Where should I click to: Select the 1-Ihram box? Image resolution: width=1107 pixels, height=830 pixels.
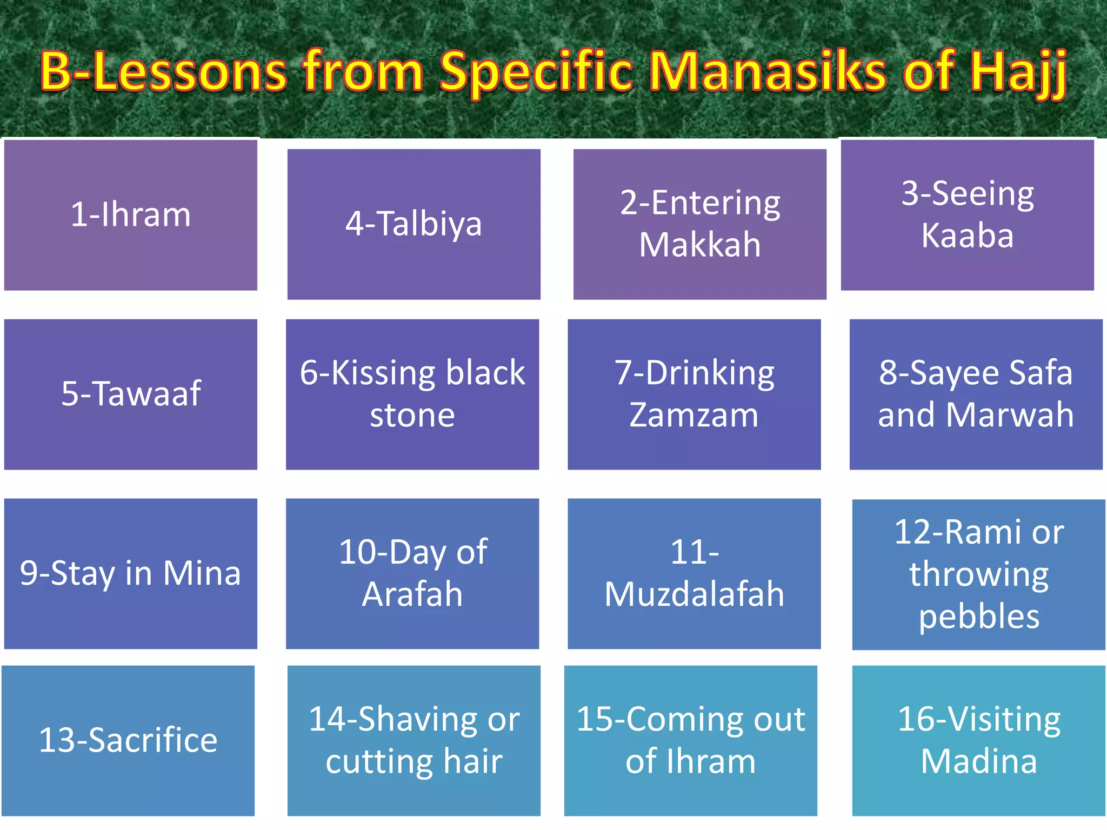click(x=131, y=215)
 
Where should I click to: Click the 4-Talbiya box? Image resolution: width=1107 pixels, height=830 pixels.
click(x=414, y=224)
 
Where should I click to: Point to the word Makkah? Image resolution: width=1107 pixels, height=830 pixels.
click(x=700, y=244)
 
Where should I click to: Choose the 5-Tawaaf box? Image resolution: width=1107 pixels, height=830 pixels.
click(x=131, y=393)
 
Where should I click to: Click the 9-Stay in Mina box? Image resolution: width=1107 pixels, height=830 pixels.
click(x=131, y=573)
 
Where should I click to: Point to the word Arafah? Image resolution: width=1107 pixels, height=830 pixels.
click(x=412, y=594)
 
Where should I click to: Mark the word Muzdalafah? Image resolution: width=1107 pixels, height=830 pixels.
click(x=694, y=594)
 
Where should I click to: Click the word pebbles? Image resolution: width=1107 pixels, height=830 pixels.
click(x=979, y=617)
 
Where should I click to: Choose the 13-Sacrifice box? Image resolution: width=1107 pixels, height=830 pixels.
click(x=128, y=740)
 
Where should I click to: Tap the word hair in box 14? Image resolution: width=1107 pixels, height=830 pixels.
click(x=473, y=761)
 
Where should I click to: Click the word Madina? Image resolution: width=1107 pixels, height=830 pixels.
click(x=979, y=761)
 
